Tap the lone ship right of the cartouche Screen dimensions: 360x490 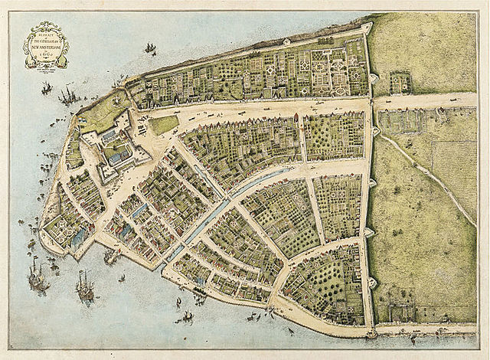(150, 50)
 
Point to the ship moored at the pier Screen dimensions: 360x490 (113, 257)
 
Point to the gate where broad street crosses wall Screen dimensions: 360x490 (373, 103)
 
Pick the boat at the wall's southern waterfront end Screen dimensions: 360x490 (373, 335)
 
